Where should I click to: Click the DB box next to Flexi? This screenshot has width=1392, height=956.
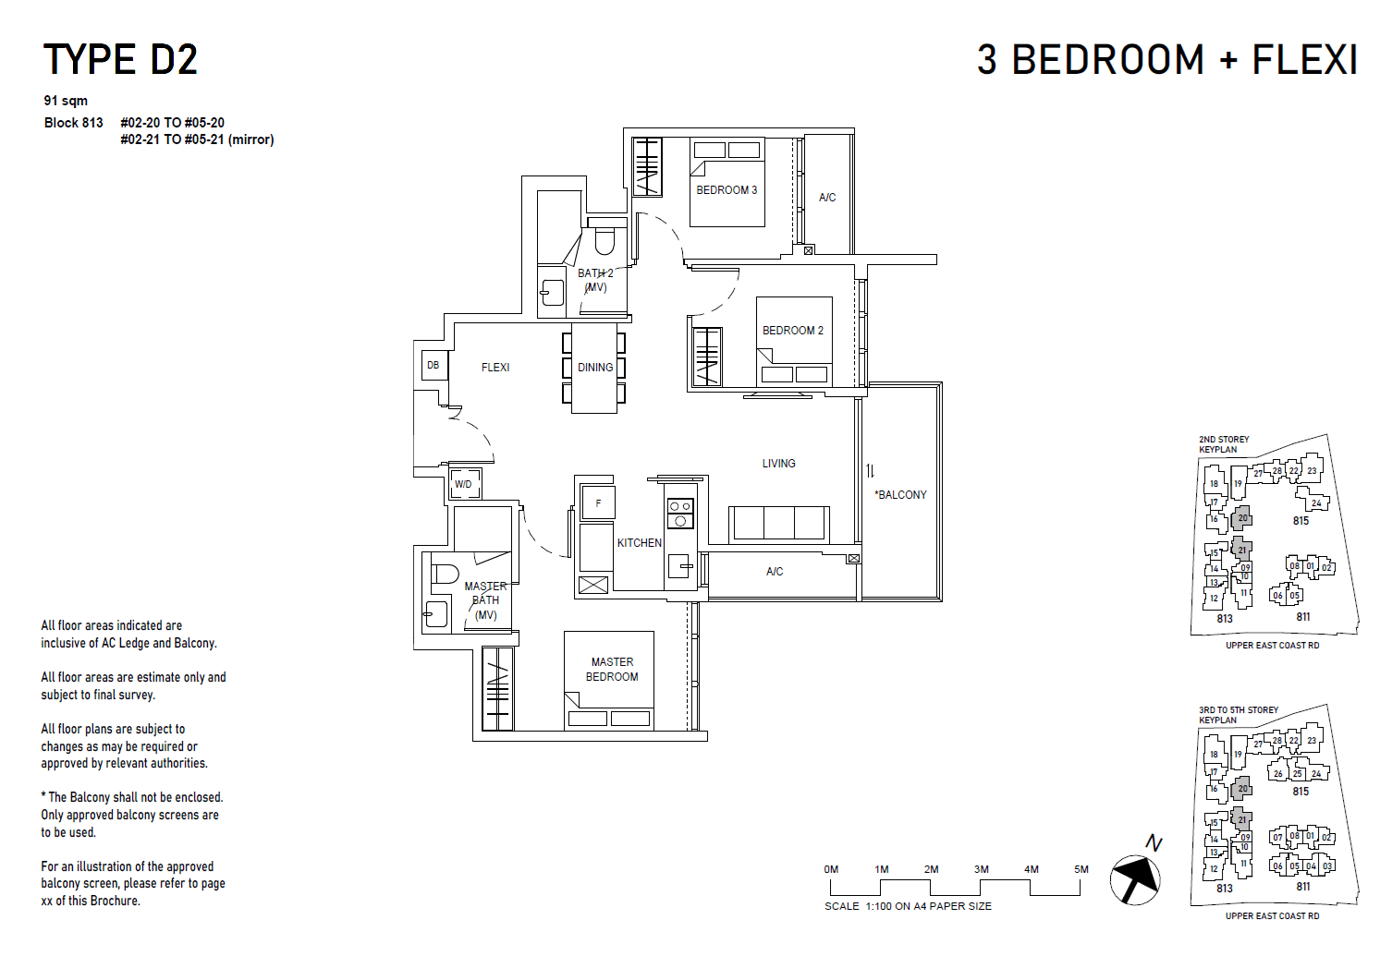coord(433,365)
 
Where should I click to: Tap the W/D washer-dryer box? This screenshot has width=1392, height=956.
coord(463,484)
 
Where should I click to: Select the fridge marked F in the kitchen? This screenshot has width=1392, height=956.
coord(598,503)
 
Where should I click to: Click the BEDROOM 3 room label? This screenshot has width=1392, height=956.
coord(727,190)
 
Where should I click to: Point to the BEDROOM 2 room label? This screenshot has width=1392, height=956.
coord(792,331)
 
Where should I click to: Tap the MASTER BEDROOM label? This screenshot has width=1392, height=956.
coord(612,670)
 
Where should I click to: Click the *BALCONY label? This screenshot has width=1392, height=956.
coord(900,495)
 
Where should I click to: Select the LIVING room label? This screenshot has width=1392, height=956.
coord(778,464)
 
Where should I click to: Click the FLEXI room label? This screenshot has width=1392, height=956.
coord(495,368)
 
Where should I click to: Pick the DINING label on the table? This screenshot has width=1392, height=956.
coord(595,368)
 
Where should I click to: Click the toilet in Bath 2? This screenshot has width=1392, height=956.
coord(604,240)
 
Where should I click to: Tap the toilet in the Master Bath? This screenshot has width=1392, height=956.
coord(445,575)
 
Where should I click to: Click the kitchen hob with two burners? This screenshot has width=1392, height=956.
coord(680,514)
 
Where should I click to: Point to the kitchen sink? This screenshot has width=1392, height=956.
coord(680,564)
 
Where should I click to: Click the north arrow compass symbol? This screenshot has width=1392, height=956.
coord(1135,876)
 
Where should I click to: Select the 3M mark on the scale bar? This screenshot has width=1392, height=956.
coord(981,870)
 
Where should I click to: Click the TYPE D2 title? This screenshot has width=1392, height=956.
coord(120,60)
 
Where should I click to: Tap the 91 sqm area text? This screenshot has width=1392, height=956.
coord(66,101)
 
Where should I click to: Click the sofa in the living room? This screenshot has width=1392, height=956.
coord(778,524)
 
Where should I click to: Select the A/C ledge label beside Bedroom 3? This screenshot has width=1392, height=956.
coord(827,198)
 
